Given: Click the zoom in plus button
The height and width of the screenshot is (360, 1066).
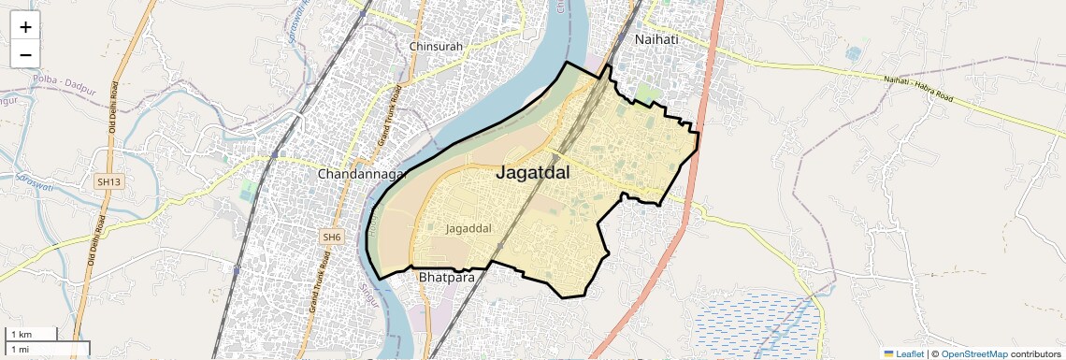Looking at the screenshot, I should [25, 27].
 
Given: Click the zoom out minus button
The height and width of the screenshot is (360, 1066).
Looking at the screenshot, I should [25, 54].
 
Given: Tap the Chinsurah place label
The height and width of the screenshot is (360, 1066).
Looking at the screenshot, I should [437, 46].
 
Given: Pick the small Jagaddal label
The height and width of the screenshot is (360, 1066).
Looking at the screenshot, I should [468, 227].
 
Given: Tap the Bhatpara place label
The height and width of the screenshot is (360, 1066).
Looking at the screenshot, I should [447, 277].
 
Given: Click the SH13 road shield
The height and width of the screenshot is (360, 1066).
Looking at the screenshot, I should [108, 180].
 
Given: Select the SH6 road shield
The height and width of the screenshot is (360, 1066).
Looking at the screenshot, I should [332, 238].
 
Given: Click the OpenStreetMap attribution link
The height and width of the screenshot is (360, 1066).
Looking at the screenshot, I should [973, 353].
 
